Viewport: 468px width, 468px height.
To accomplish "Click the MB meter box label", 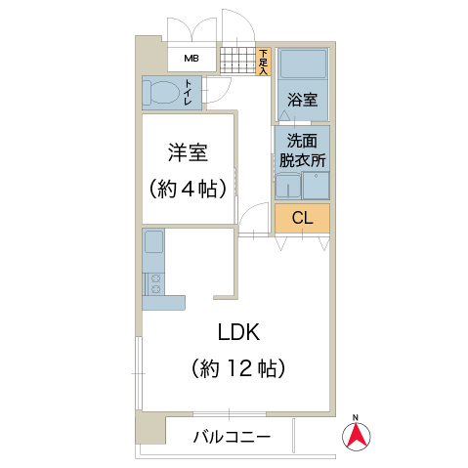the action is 191,59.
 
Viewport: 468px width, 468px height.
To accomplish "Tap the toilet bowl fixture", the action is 162,93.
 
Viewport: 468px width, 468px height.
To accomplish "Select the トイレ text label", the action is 188,93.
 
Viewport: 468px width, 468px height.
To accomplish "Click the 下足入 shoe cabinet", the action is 263,62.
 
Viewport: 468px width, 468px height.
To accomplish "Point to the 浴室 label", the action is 302,100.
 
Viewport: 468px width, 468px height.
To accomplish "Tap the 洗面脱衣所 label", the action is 302,150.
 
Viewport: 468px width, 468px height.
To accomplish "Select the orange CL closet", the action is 302,218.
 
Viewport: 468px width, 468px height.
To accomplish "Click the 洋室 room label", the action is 188,152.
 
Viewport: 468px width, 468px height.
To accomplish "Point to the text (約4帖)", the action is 188,189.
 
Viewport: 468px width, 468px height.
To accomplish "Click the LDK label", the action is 238,332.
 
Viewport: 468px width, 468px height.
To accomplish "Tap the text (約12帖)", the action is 238,368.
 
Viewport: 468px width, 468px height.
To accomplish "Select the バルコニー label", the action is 232,437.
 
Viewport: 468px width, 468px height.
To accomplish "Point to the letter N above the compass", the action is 356,417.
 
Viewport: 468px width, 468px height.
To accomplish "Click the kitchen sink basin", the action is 153,241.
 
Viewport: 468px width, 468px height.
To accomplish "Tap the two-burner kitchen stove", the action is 153,283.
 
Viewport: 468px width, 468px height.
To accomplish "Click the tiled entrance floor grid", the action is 238,61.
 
